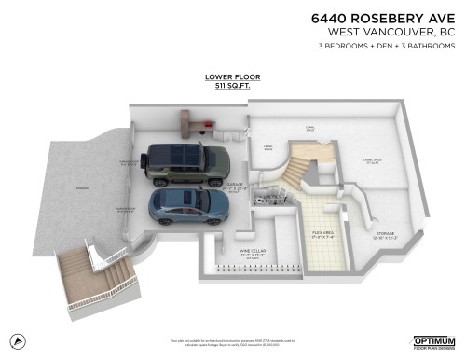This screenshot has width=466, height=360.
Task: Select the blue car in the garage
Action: [192, 208]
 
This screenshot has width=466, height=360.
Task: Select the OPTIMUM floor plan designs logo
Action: [433, 342]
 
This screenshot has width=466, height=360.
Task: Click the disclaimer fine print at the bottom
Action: [233, 344]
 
